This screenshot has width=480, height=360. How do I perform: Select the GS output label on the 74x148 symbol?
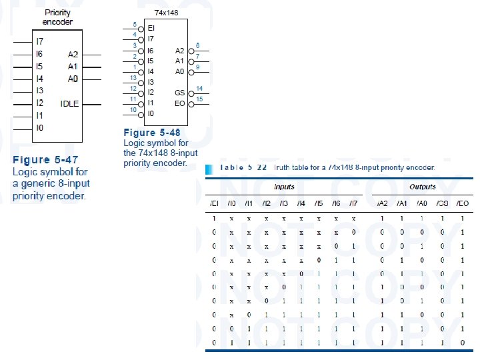tap(180, 93)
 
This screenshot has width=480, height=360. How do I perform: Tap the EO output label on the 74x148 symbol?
tap(180, 103)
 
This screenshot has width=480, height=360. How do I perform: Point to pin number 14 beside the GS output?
tap(199, 89)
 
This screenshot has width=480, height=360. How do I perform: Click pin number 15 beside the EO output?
tap(199, 99)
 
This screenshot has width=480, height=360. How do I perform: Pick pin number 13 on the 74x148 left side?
tap(133, 78)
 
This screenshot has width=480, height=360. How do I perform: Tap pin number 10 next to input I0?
tap(133, 109)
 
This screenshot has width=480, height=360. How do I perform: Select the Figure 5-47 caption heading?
tap(46, 160)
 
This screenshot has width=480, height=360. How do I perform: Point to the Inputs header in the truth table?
tap(284, 187)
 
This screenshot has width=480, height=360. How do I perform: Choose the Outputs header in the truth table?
tap(423, 187)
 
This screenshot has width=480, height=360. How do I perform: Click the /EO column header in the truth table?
tap(461, 203)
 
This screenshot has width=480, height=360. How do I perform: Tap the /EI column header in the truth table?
tap(214, 203)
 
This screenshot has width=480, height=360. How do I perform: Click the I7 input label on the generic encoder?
tap(39, 41)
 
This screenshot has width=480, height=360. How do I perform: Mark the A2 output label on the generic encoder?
tap(73, 54)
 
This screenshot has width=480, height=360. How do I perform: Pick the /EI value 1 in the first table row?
tap(214, 218)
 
